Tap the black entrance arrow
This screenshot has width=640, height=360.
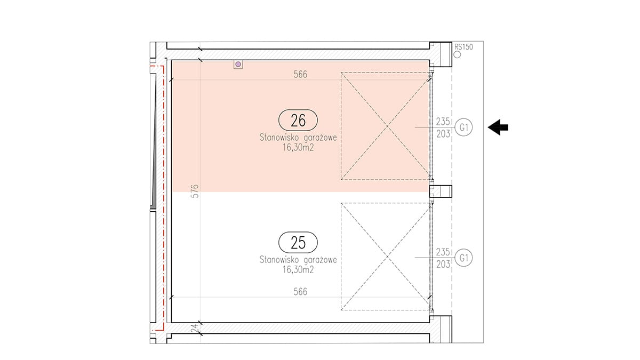coord(498,127)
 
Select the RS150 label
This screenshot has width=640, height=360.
coord(463,46)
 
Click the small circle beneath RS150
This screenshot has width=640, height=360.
coord(457,54)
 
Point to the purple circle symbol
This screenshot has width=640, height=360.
coord(238,65)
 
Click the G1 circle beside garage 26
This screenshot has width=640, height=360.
coord(463,127)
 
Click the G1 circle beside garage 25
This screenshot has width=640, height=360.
coord(463,258)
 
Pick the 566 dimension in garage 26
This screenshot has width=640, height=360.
coord(300,74)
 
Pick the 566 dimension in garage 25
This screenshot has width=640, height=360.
coord(300,291)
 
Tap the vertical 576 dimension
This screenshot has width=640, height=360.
coord(195,191)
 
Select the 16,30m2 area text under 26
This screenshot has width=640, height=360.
coord(298,147)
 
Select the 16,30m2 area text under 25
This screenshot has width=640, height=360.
coord(298,270)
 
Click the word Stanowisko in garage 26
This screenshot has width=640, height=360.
coord(279,138)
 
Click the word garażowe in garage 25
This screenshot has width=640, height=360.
coord(320,260)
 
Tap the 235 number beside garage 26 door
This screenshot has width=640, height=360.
coord(443,122)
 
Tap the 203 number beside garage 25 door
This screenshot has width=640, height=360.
coord(443,265)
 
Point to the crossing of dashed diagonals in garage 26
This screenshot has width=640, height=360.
coord(387,126)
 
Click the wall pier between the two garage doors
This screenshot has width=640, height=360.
coord(441,191)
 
